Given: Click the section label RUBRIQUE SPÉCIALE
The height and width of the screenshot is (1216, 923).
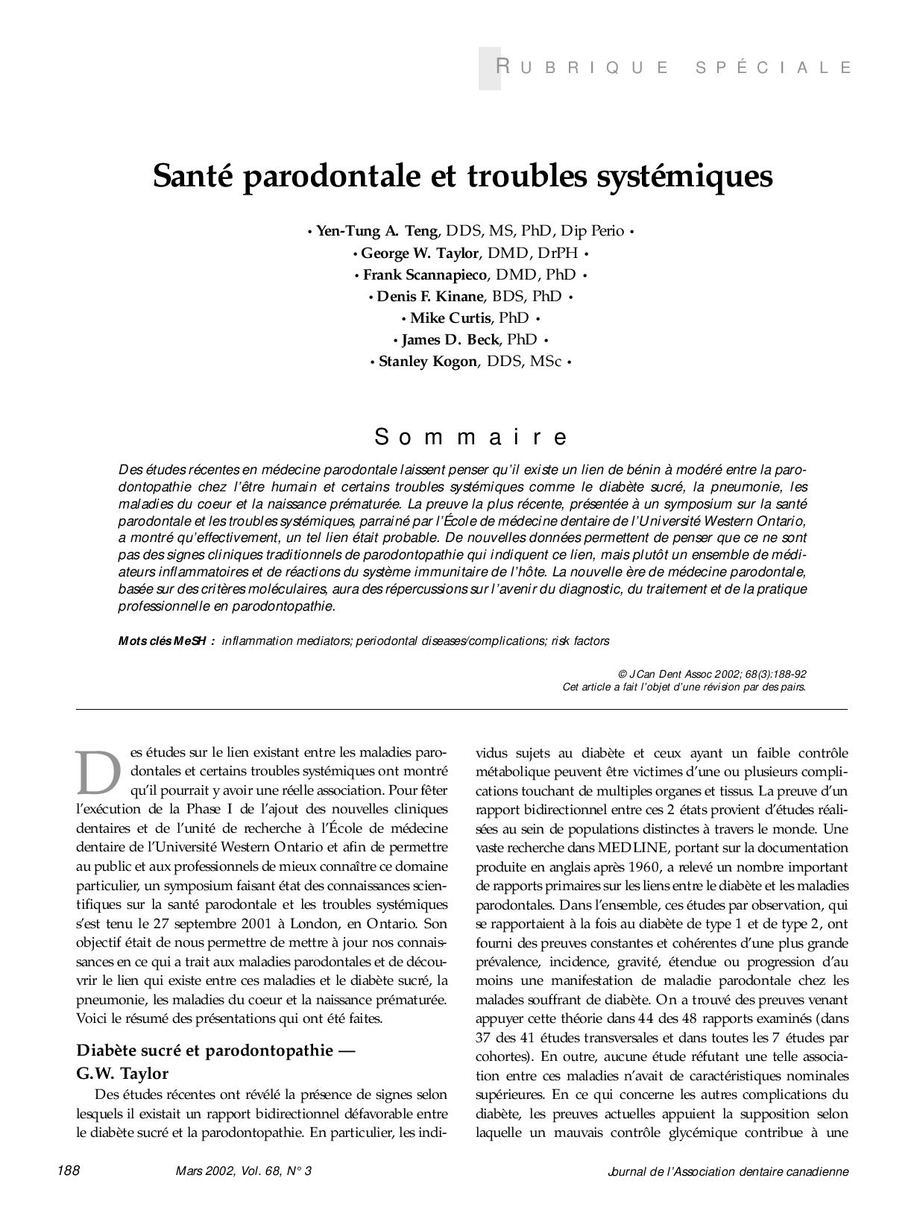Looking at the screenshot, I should coord(674,68).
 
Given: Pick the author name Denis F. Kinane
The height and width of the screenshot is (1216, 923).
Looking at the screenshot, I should coord(430,296).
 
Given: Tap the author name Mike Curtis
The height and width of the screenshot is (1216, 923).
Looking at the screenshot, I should coord(450,318).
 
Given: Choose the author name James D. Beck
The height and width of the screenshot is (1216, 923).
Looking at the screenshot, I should coord(450,340).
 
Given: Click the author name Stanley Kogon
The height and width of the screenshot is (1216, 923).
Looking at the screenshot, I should coord(426,362).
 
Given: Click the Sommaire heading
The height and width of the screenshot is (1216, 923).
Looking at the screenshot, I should coord(471,436).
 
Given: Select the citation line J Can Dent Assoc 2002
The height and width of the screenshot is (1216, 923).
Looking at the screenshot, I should coord(713,674).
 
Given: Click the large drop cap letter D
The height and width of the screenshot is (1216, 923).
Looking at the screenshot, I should coord(98,772).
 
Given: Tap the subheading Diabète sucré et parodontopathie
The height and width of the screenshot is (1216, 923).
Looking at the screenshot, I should coord(215,1050).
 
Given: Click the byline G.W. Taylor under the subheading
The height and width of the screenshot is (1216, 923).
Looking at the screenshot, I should coord(122,1074).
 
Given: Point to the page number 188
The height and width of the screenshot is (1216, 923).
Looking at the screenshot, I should coord(69,1171).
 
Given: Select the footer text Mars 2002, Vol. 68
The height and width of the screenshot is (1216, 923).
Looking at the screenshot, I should coord(243,1171).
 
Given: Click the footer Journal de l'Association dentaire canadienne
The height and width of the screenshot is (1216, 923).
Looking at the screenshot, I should coord(728,1171).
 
